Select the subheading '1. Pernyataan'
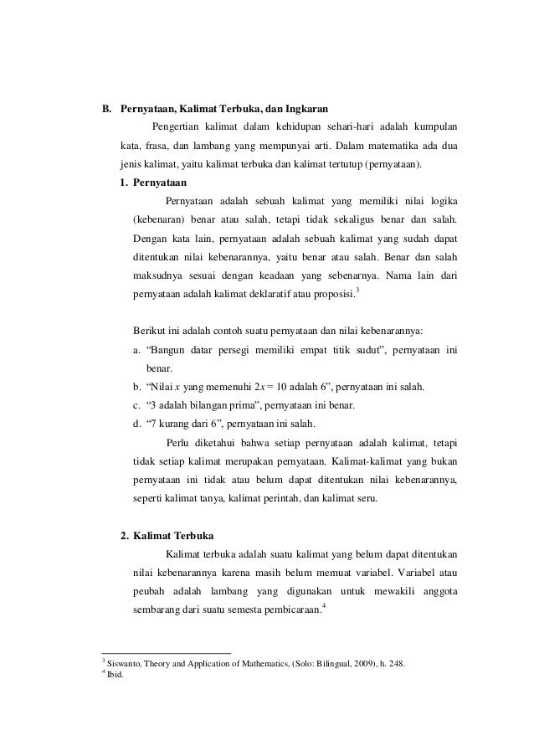pyautogui.click(x=152, y=182)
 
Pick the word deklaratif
pyautogui.click(x=262, y=294)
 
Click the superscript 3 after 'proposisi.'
pyautogui.click(x=357, y=290)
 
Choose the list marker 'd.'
pyautogui.click(x=138, y=423)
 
